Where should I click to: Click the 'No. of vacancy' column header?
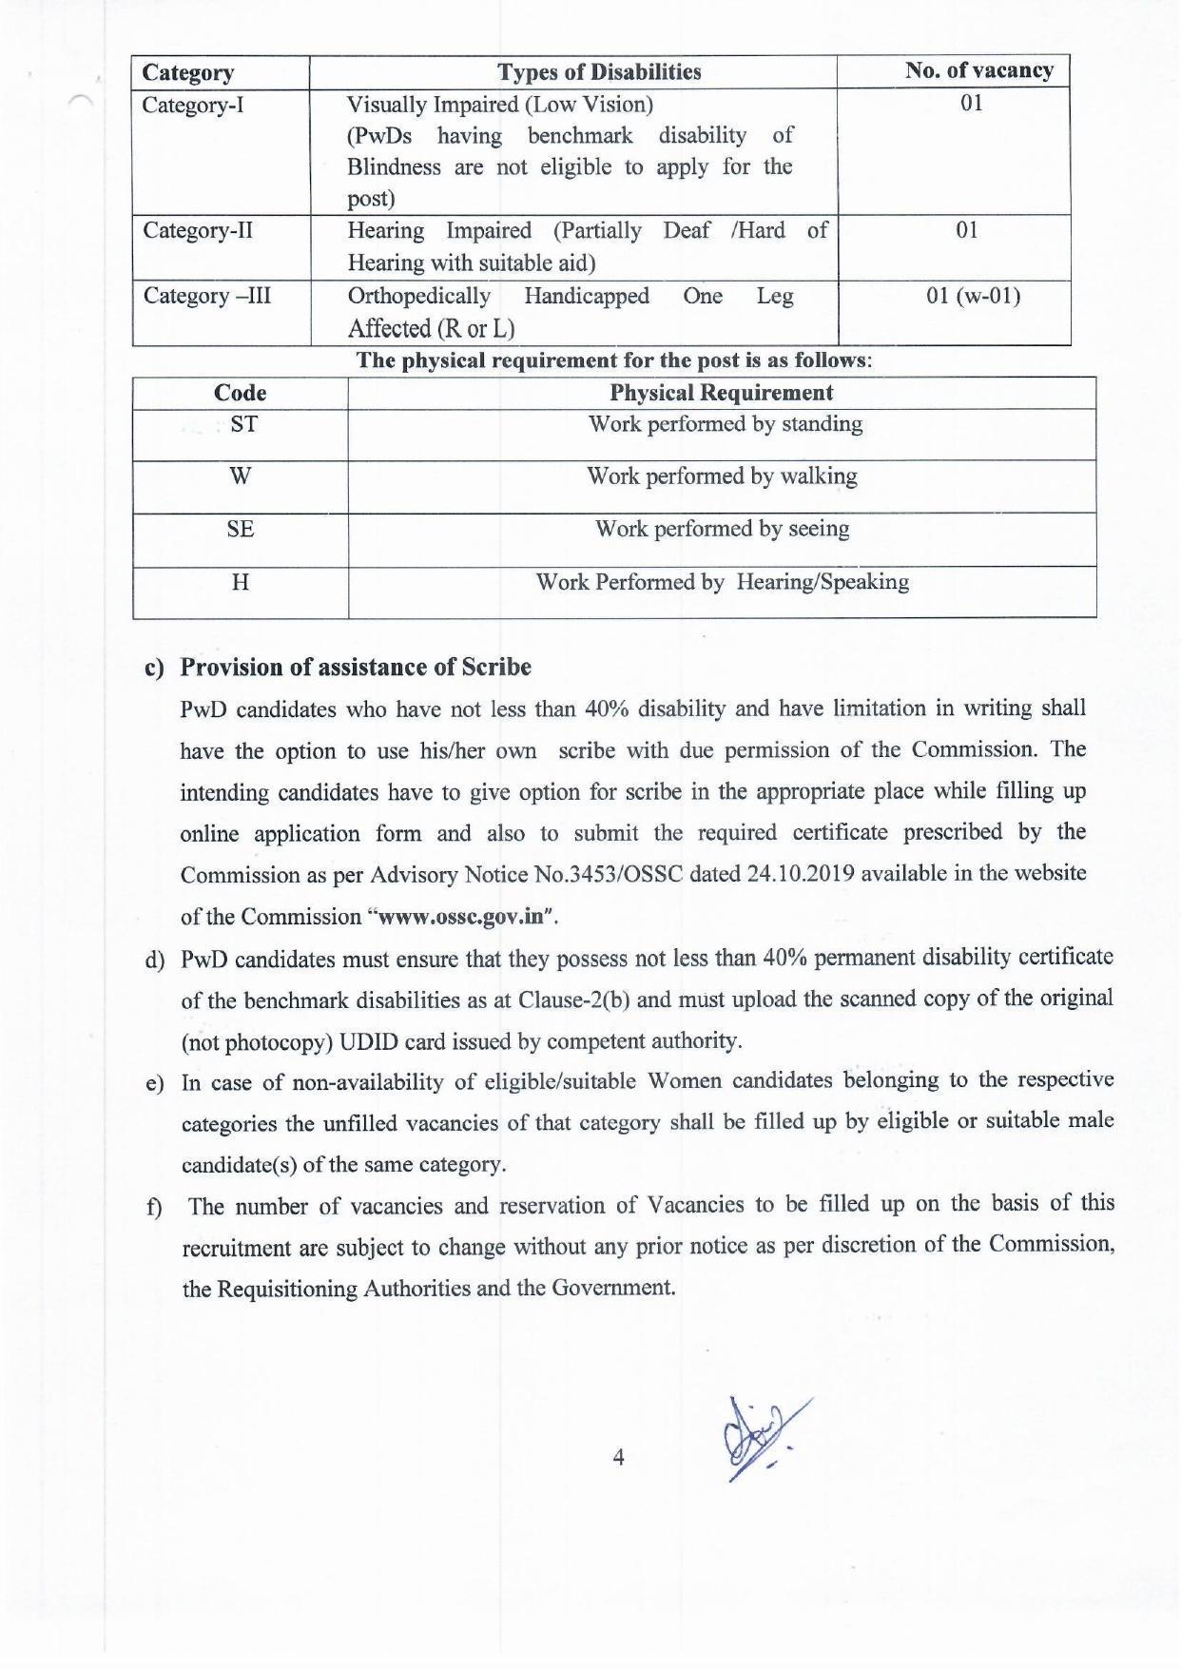(978, 71)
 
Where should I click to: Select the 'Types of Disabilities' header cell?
(599, 72)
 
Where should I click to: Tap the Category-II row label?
(198, 231)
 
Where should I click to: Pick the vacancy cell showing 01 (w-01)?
(973, 296)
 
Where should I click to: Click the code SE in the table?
(241, 529)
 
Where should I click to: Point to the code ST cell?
(243, 424)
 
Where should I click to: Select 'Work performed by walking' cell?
(722, 476)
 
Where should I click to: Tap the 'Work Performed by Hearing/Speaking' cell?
(722, 582)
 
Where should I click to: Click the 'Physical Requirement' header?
(721, 393)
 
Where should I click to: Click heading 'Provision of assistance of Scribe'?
(356, 667)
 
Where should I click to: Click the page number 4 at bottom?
(619, 1457)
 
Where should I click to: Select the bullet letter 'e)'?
(154, 1084)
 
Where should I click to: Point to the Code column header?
(240, 393)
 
